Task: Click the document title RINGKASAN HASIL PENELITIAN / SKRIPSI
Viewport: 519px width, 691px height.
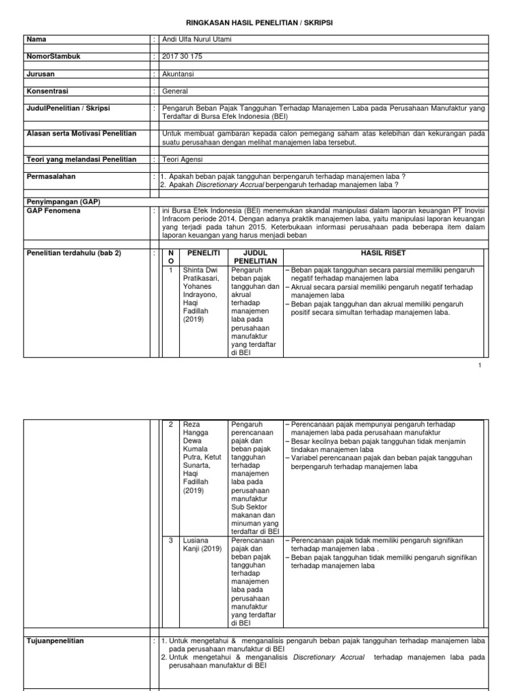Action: point(259,23)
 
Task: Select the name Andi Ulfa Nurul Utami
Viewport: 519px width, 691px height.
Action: point(197,40)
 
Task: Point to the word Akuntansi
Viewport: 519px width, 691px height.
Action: point(178,74)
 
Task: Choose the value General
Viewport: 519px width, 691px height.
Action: point(175,91)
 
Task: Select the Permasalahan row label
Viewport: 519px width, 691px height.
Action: point(51,175)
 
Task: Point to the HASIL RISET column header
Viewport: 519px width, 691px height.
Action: point(382,252)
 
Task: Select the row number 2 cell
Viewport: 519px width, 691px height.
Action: point(171,424)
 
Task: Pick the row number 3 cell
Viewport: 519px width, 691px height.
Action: point(171,541)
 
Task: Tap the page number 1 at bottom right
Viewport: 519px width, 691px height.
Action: point(479,365)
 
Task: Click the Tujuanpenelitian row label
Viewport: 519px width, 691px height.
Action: point(55,641)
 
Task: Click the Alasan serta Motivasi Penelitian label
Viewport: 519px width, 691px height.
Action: point(80,134)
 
